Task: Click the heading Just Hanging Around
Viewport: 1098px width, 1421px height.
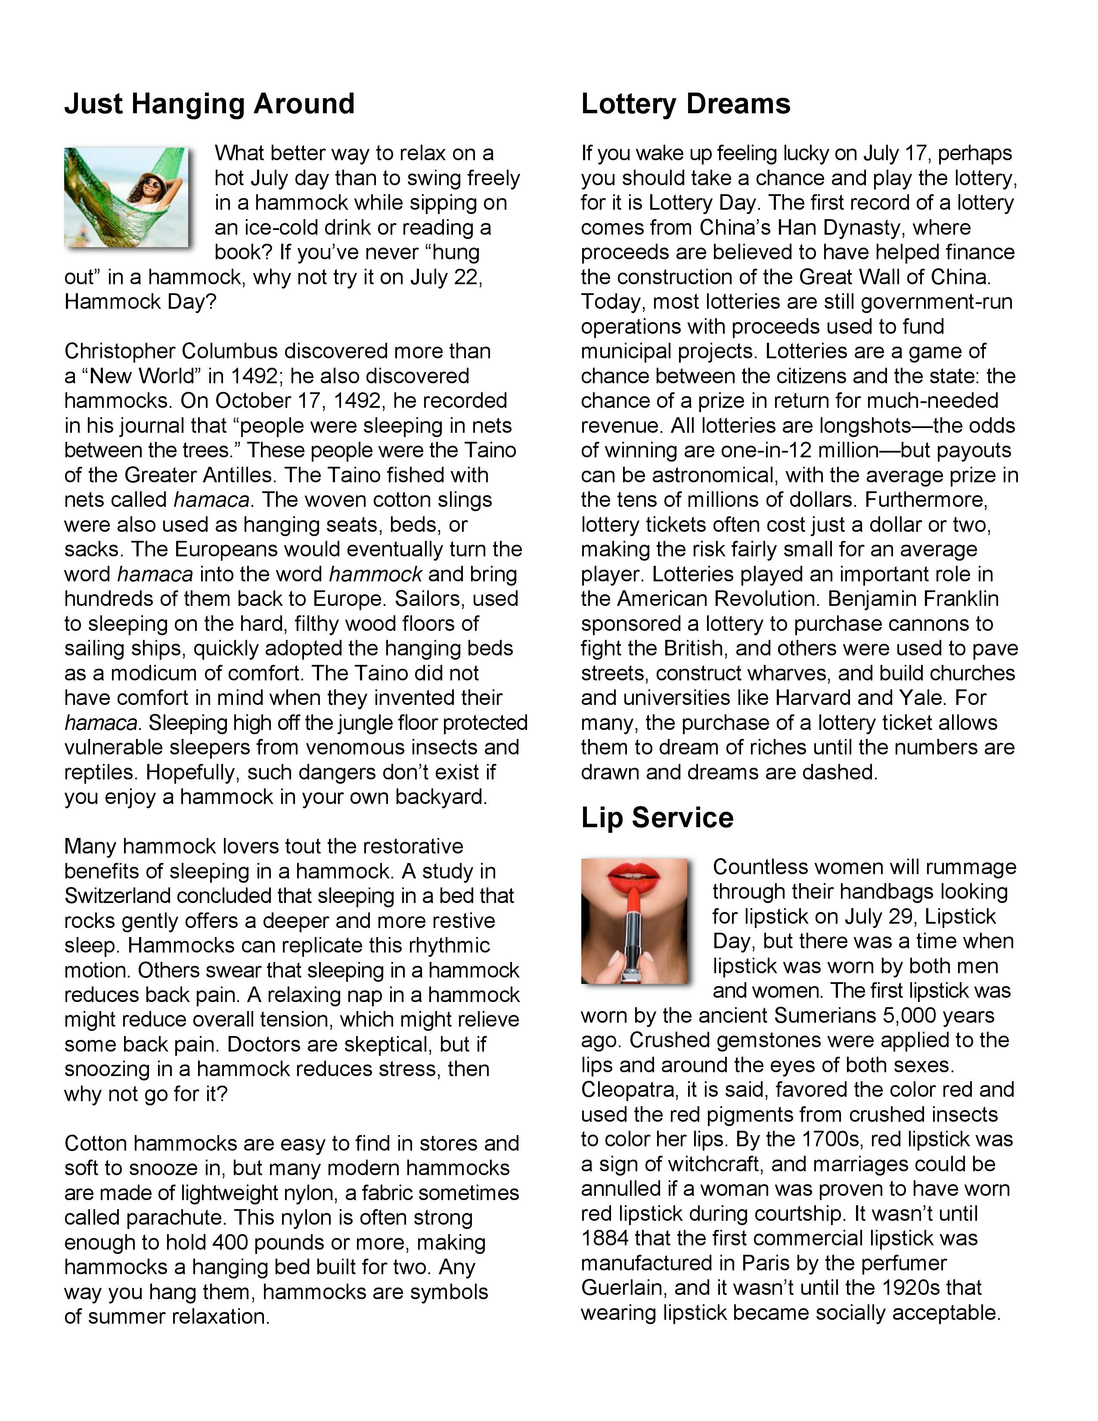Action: coord(209,104)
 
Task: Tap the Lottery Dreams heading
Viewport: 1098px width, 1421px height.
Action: coord(685,104)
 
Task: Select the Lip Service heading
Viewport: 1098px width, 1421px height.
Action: coord(657,817)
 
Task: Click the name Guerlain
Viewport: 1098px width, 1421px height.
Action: coord(623,1288)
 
